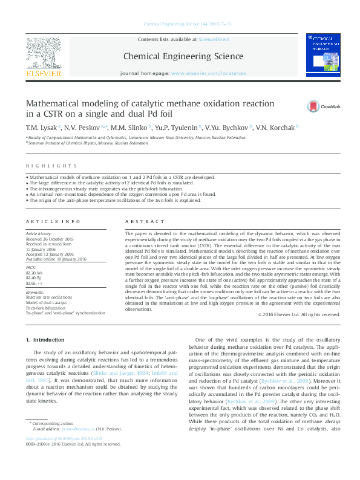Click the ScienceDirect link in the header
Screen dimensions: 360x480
click(x=214, y=39)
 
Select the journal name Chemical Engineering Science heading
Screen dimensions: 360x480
click(x=183, y=57)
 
